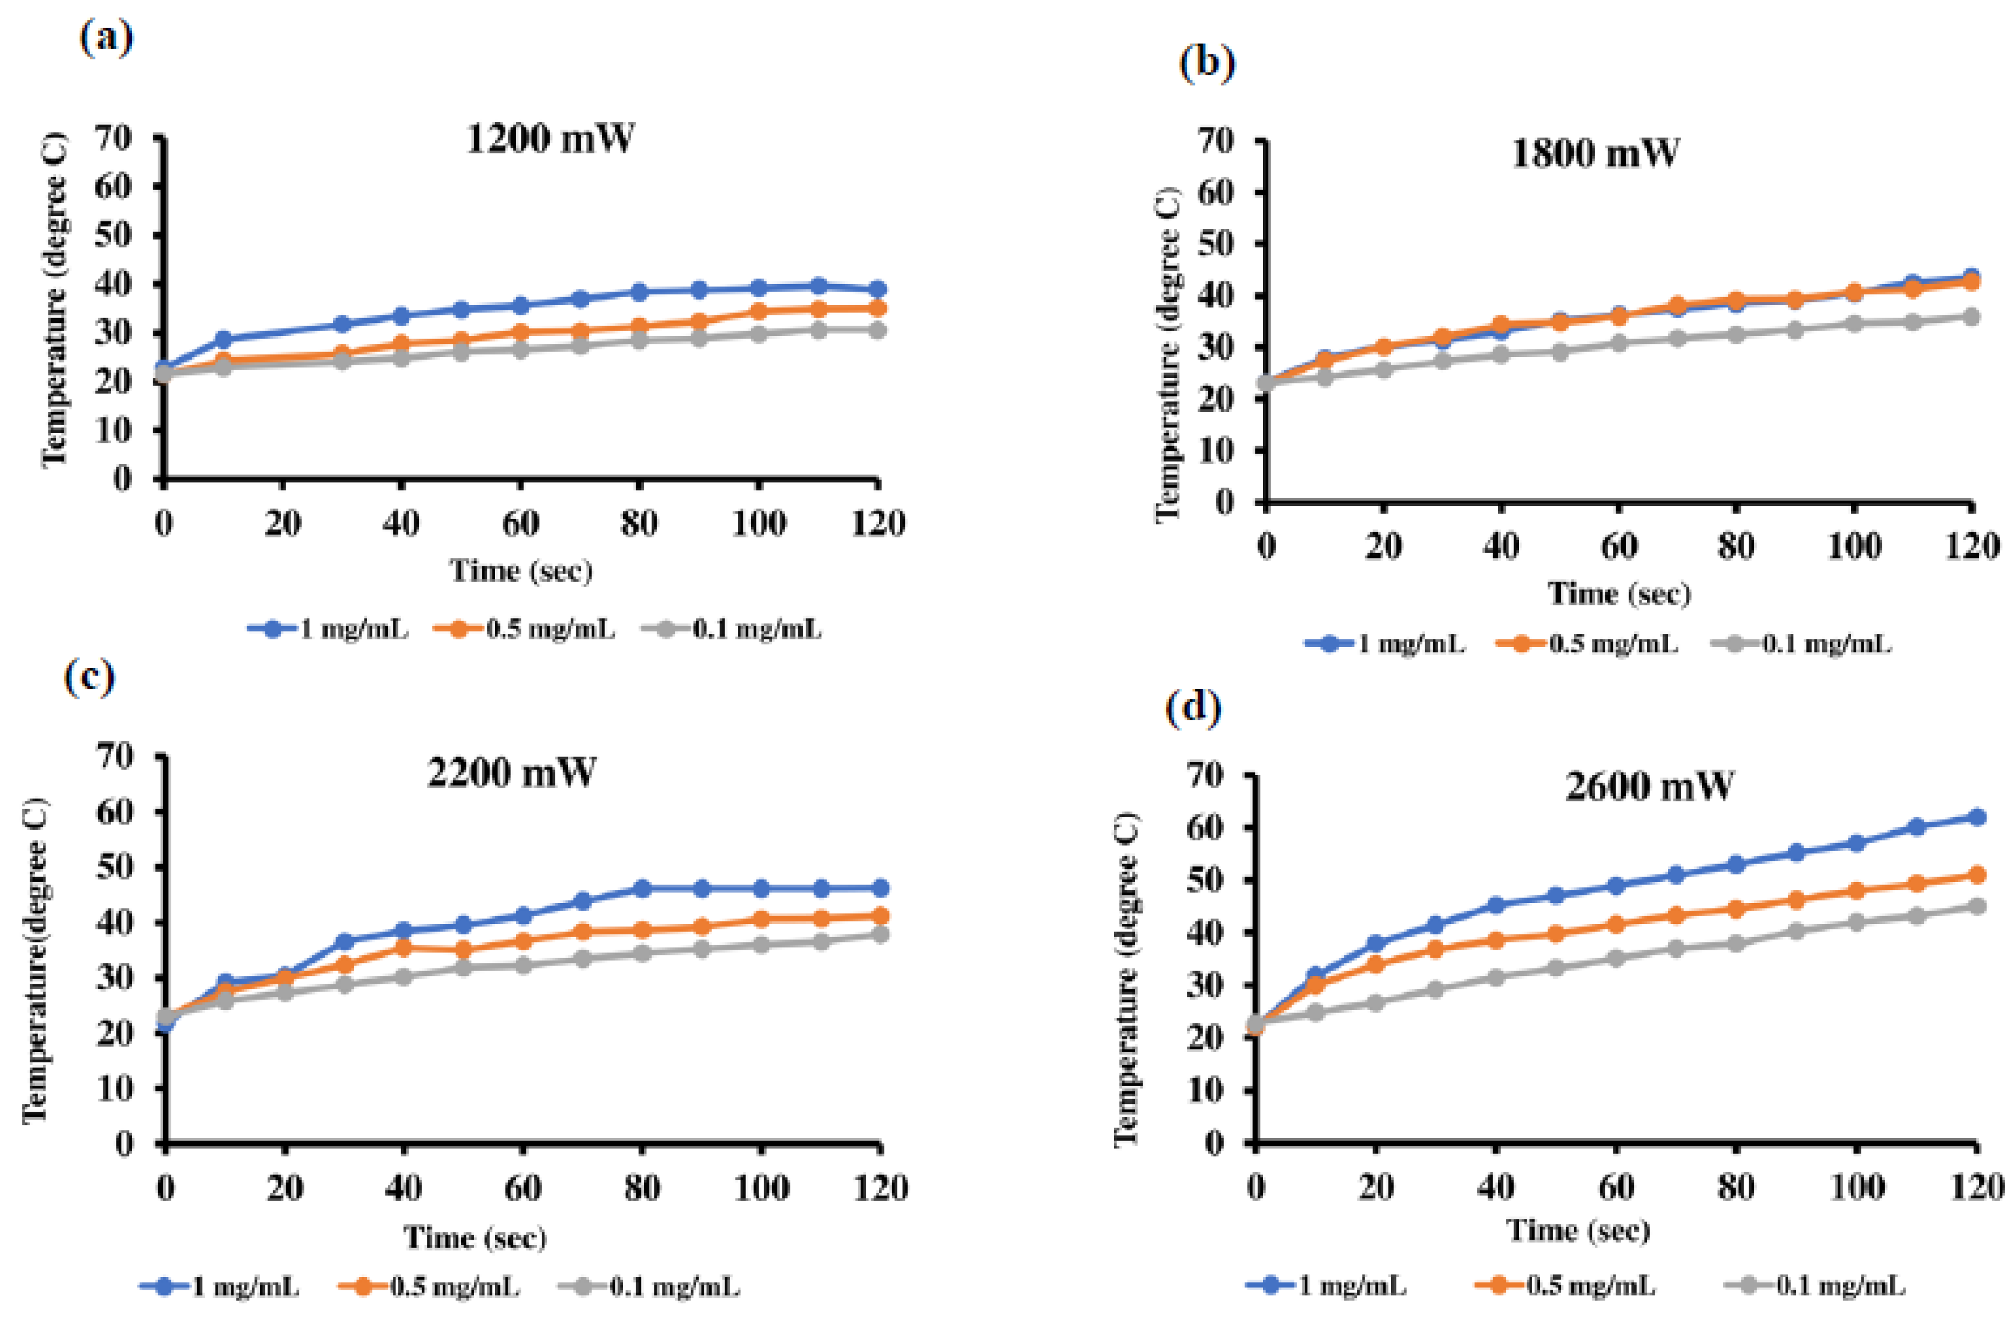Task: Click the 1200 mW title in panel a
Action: (x=549, y=138)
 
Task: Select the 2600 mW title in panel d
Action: (x=1649, y=786)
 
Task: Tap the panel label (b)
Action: (x=1207, y=64)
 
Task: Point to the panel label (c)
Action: (x=89, y=677)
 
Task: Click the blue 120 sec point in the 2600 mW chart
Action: (x=1977, y=817)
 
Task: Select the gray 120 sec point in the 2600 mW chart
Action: (x=1977, y=906)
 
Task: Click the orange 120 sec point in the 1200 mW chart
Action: (x=877, y=308)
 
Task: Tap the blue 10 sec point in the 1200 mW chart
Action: (x=224, y=339)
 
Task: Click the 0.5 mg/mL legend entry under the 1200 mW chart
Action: (x=526, y=629)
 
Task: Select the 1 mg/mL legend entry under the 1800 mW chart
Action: (x=1384, y=644)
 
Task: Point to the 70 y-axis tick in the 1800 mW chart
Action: (x=1215, y=141)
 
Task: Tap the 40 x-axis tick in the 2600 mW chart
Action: (x=1495, y=1188)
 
